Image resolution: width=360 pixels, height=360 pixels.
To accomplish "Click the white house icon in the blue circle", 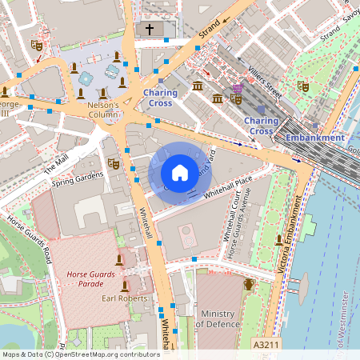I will (x=180, y=172).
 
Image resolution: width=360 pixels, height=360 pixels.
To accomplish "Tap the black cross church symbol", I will (x=149, y=30).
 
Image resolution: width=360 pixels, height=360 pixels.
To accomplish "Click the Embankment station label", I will (x=315, y=138).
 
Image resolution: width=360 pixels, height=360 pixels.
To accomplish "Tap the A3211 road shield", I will (x=266, y=344).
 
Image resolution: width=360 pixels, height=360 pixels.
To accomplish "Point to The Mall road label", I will (x=58, y=165).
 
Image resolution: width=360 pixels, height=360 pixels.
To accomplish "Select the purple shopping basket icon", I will (x=237, y=88).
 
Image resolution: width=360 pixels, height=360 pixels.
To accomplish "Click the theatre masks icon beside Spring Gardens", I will (x=114, y=164).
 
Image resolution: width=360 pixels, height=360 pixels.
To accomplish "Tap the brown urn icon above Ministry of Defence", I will (x=249, y=284).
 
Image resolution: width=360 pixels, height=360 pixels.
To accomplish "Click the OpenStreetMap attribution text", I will (x=80, y=354).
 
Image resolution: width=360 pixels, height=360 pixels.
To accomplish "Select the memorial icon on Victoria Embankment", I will (x=278, y=239).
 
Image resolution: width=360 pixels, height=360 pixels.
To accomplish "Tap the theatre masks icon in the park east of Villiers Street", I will (x=302, y=84).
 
